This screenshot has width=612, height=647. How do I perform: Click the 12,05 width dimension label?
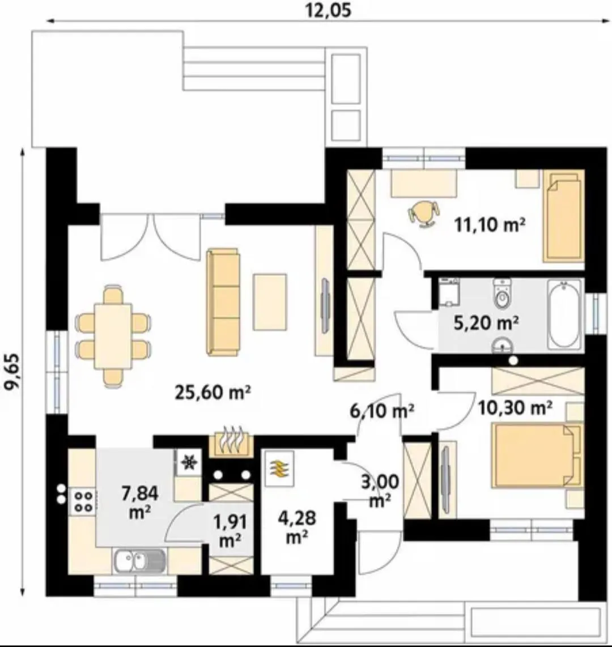coord(329,10)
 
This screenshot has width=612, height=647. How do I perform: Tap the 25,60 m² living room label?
coord(212,392)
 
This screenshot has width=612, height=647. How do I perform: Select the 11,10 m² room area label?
coord(490,225)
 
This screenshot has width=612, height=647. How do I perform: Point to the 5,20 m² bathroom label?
coord(486,323)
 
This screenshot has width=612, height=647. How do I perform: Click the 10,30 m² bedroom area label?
coord(515,408)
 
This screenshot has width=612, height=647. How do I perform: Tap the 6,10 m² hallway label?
coord(382,411)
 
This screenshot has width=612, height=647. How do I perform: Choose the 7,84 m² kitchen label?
coord(140,502)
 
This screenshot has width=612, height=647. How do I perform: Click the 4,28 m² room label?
coord(297,527)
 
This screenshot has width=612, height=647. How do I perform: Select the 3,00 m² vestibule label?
coord(380,491)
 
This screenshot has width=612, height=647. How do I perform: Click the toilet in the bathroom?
coord(502,293)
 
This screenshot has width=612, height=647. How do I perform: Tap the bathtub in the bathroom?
coord(564,314)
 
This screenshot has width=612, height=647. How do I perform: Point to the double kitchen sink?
coord(139,561)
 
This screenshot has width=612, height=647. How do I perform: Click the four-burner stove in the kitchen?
coord(83,501)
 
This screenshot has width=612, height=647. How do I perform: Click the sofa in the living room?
coord(223,302)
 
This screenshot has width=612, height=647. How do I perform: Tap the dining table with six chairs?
coord(113,336)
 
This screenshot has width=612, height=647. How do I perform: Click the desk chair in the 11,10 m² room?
coord(423,214)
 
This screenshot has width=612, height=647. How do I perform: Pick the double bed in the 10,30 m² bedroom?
coord(535,455)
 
